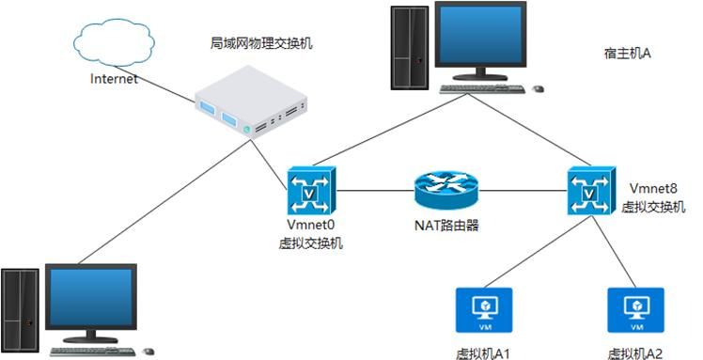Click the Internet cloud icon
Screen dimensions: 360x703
(114, 43)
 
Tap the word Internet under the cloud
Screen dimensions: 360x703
(114, 79)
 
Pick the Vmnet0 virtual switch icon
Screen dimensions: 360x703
(307, 191)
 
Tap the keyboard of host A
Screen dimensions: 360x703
(482, 90)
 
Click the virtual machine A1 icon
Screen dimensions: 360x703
(482, 311)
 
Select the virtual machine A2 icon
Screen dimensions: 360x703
(634, 311)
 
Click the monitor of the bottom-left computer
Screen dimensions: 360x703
(90, 299)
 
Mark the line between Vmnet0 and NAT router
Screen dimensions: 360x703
(376, 191)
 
